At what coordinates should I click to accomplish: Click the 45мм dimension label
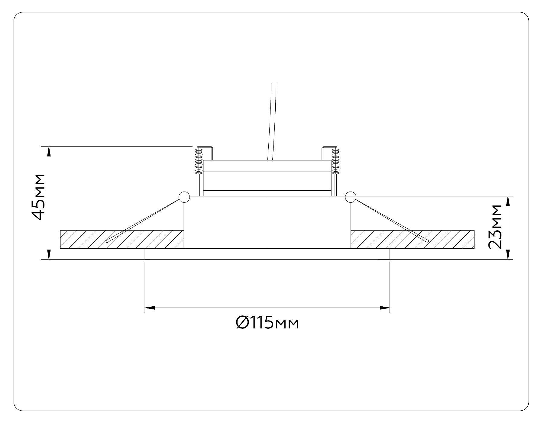point(38,197)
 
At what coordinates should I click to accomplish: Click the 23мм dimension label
point(495,227)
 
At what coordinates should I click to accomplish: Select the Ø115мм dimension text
point(267,323)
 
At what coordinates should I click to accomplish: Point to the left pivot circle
point(184,197)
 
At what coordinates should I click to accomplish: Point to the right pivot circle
point(350,197)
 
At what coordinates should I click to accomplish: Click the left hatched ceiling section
point(122,239)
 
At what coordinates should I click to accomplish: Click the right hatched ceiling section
point(412,239)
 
